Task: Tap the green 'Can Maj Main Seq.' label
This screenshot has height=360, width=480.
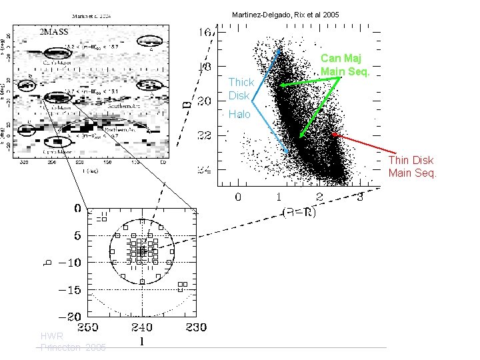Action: pos(344,65)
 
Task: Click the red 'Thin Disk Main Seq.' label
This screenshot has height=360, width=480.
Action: pos(412,167)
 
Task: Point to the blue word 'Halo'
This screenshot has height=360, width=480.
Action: pos(239,115)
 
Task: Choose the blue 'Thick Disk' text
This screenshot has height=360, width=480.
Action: pos(241,89)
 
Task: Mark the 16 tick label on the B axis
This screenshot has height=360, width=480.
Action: pos(205,32)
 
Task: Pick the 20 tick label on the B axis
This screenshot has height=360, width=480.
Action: pos(205,101)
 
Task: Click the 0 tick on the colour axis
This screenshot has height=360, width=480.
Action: pos(238,197)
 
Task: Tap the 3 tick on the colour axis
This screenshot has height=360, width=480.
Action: pos(360,197)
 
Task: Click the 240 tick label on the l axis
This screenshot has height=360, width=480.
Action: pos(142,327)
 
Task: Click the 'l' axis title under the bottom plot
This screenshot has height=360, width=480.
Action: pos(142,343)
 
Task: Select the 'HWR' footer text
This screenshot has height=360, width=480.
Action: pos(51,337)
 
